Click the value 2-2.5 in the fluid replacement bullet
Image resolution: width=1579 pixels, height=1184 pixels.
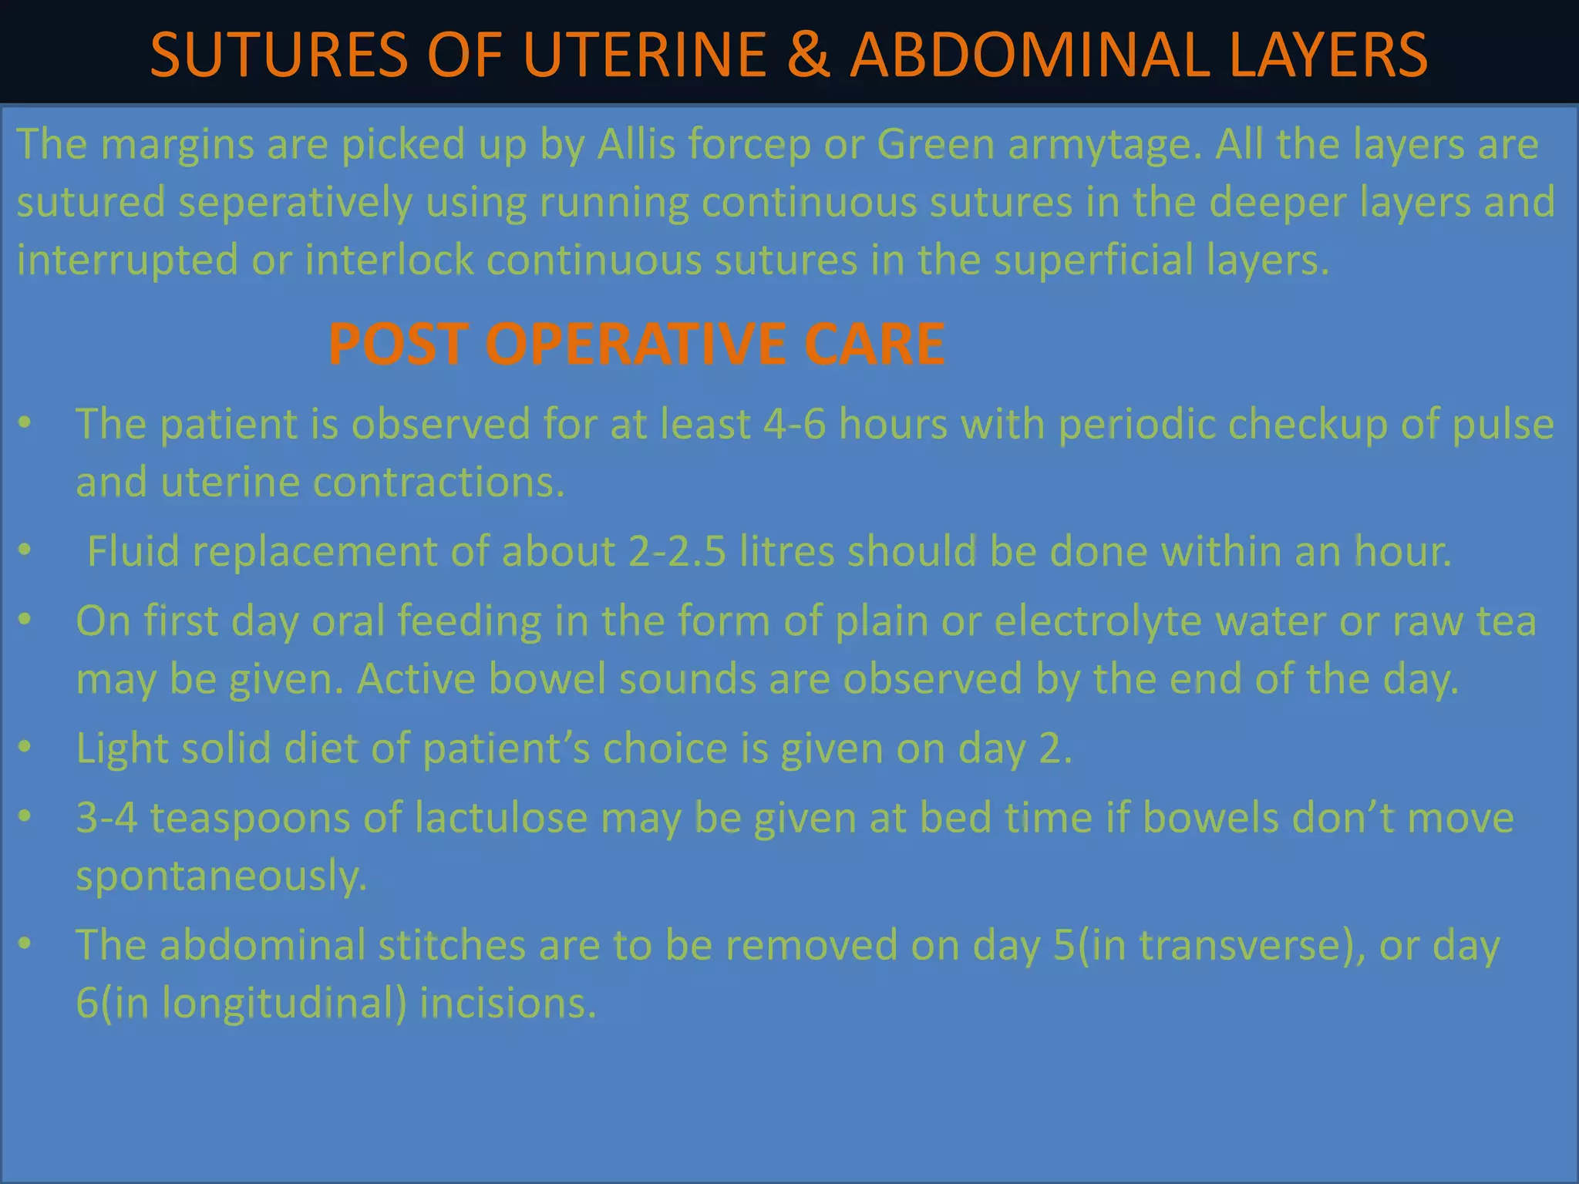[677, 552]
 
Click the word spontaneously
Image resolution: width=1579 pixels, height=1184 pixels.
[221, 876]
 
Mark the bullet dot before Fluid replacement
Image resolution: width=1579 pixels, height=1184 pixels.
[25, 550]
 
